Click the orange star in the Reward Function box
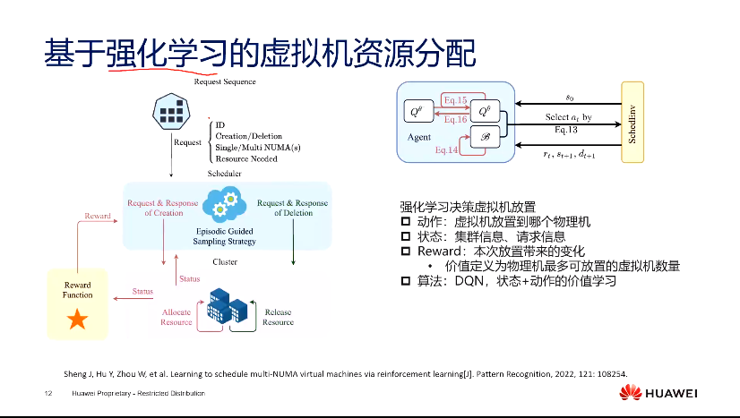(77, 320)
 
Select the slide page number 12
(47, 394)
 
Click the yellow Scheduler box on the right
(632, 121)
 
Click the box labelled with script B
(486, 138)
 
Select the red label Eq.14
(447, 151)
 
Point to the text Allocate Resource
(176, 317)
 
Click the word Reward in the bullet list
(433, 252)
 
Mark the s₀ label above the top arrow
(570, 95)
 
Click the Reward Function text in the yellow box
(77, 289)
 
